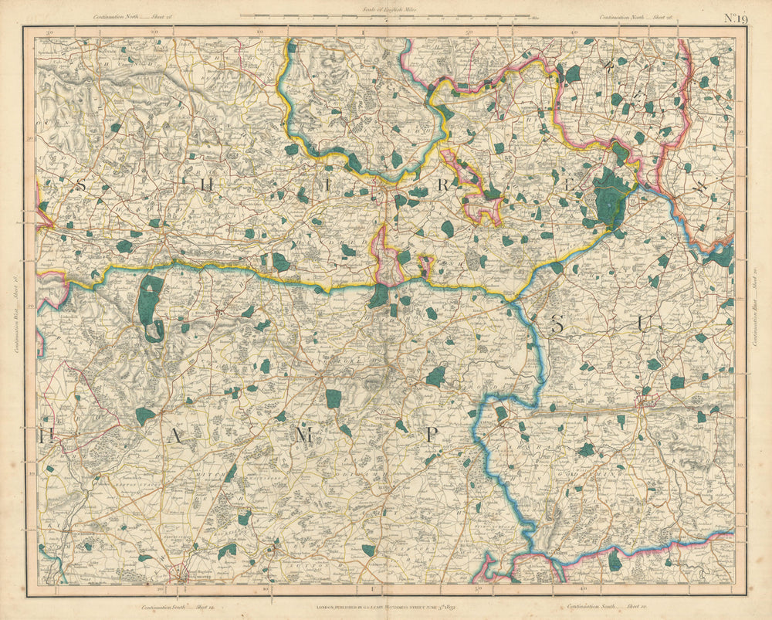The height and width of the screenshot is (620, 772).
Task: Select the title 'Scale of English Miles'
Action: tap(384, 9)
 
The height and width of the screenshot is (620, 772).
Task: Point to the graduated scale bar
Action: tap(384, 16)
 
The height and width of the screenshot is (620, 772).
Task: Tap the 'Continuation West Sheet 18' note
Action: tap(16, 309)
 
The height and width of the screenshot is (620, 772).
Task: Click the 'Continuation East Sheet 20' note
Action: tap(756, 309)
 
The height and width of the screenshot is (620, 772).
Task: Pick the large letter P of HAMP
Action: tap(433, 435)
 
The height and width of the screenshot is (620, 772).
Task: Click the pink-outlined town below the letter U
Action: tap(645, 399)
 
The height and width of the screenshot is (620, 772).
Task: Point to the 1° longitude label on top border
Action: tap(362, 32)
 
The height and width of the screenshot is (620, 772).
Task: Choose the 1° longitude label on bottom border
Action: tap(371, 591)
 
